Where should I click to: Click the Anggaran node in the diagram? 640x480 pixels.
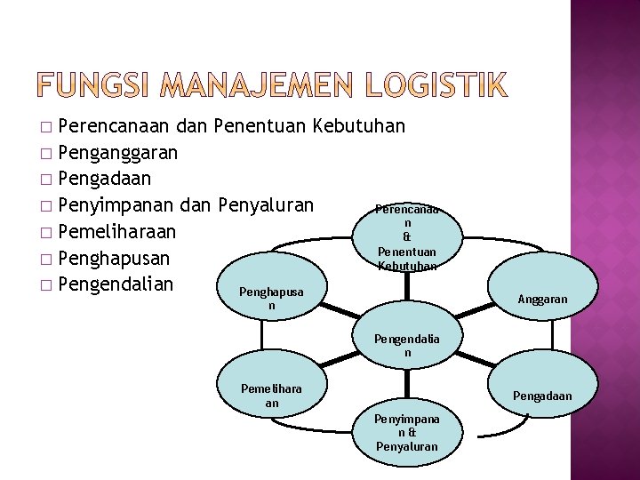tap(541, 300)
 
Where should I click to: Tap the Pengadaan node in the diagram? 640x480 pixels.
tap(541, 396)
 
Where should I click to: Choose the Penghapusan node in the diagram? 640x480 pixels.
tap(272, 299)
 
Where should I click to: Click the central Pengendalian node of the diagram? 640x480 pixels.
tap(406, 345)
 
